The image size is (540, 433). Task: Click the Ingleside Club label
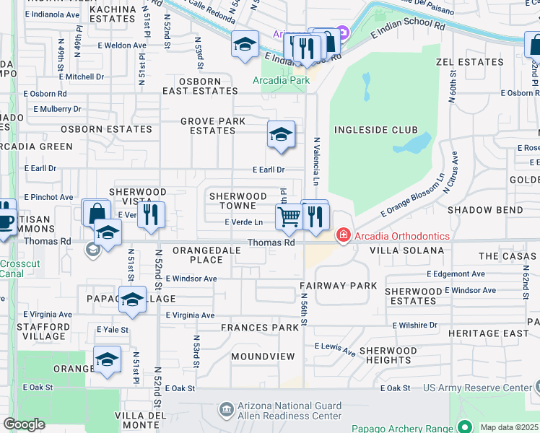coord(375,130)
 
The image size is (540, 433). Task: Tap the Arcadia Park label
coord(281,80)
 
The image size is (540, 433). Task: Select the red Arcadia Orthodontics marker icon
coord(343,236)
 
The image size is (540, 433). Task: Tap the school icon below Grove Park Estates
coord(281,134)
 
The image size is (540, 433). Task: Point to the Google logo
coord(24,424)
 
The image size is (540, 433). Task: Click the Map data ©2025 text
coord(509,427)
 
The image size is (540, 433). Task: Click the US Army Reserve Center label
coord(477,388)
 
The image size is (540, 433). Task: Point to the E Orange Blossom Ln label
coord(411,199)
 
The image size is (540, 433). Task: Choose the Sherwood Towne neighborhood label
coord(238,201)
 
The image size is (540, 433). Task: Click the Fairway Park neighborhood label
coord(339,286)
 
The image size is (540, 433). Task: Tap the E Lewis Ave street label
coord(334,350)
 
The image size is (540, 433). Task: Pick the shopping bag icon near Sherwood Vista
coord(95,214)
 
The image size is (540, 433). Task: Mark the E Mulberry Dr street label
coord(57,109)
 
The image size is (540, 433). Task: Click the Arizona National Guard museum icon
coord(227,410)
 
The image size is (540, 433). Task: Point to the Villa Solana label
coord(406,250)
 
